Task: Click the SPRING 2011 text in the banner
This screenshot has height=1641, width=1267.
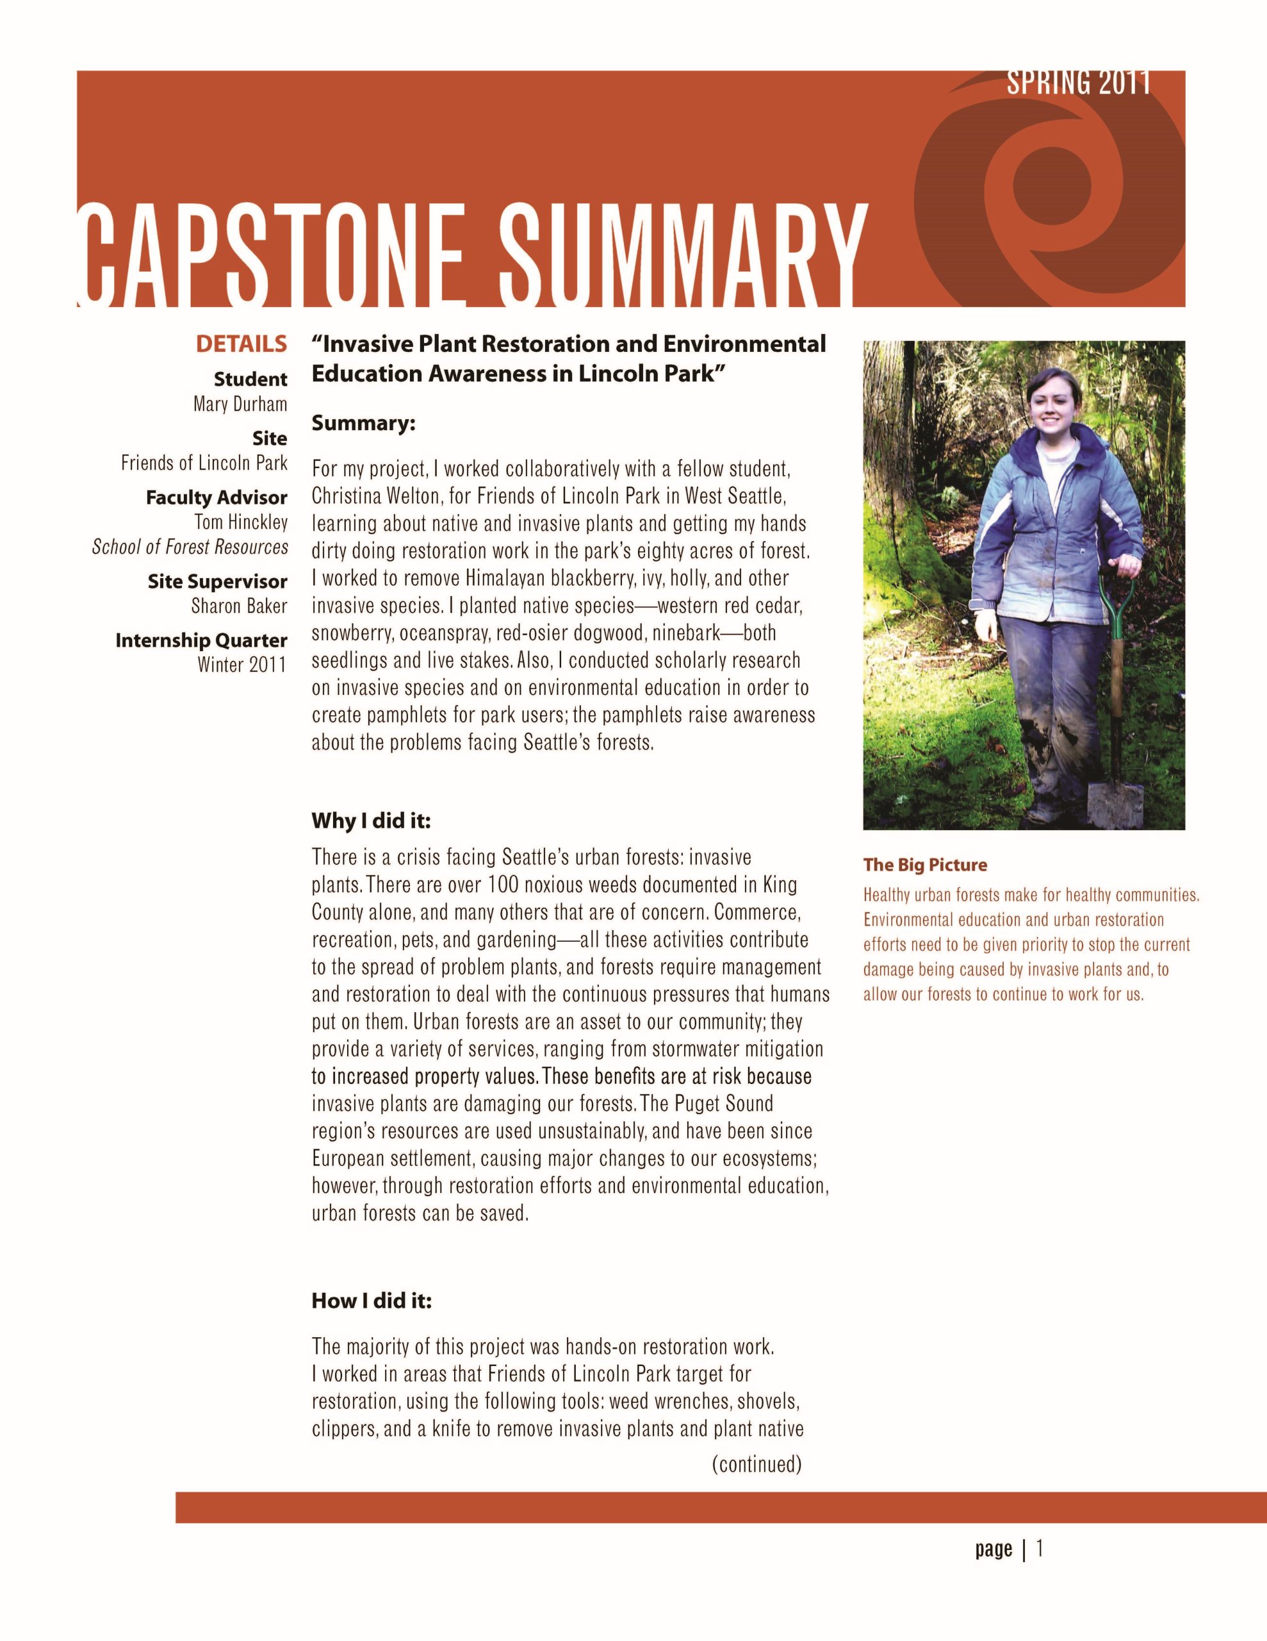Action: point(1078,82)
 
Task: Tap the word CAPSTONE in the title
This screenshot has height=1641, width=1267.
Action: point(270,256)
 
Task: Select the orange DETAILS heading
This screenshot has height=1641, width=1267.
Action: point(241,344)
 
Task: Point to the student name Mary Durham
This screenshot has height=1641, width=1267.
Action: point(240,404)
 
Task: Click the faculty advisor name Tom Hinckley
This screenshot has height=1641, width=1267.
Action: point(240,521)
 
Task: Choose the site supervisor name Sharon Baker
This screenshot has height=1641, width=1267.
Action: point(239,606)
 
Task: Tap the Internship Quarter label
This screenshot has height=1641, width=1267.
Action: point(201,640)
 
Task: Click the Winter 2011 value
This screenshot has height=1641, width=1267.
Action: point(242,664)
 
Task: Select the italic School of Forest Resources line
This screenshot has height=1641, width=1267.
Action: point(190,547)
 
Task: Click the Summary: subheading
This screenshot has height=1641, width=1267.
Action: point(363,424)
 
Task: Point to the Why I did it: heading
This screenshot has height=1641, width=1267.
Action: point(371,820)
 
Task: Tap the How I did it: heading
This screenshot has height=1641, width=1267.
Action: point(372,1301)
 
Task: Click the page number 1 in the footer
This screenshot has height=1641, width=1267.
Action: point(1040,1549)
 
